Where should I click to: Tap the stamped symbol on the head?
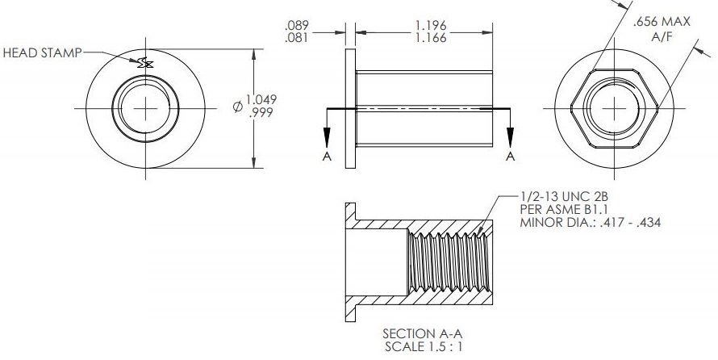click(x=146, y=63)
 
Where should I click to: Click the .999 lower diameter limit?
click(x=261, y=113)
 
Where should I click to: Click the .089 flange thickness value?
click(x=296, y=25)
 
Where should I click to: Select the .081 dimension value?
click(x=296, y=37)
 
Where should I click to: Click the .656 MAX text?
click(x=662, y=22)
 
